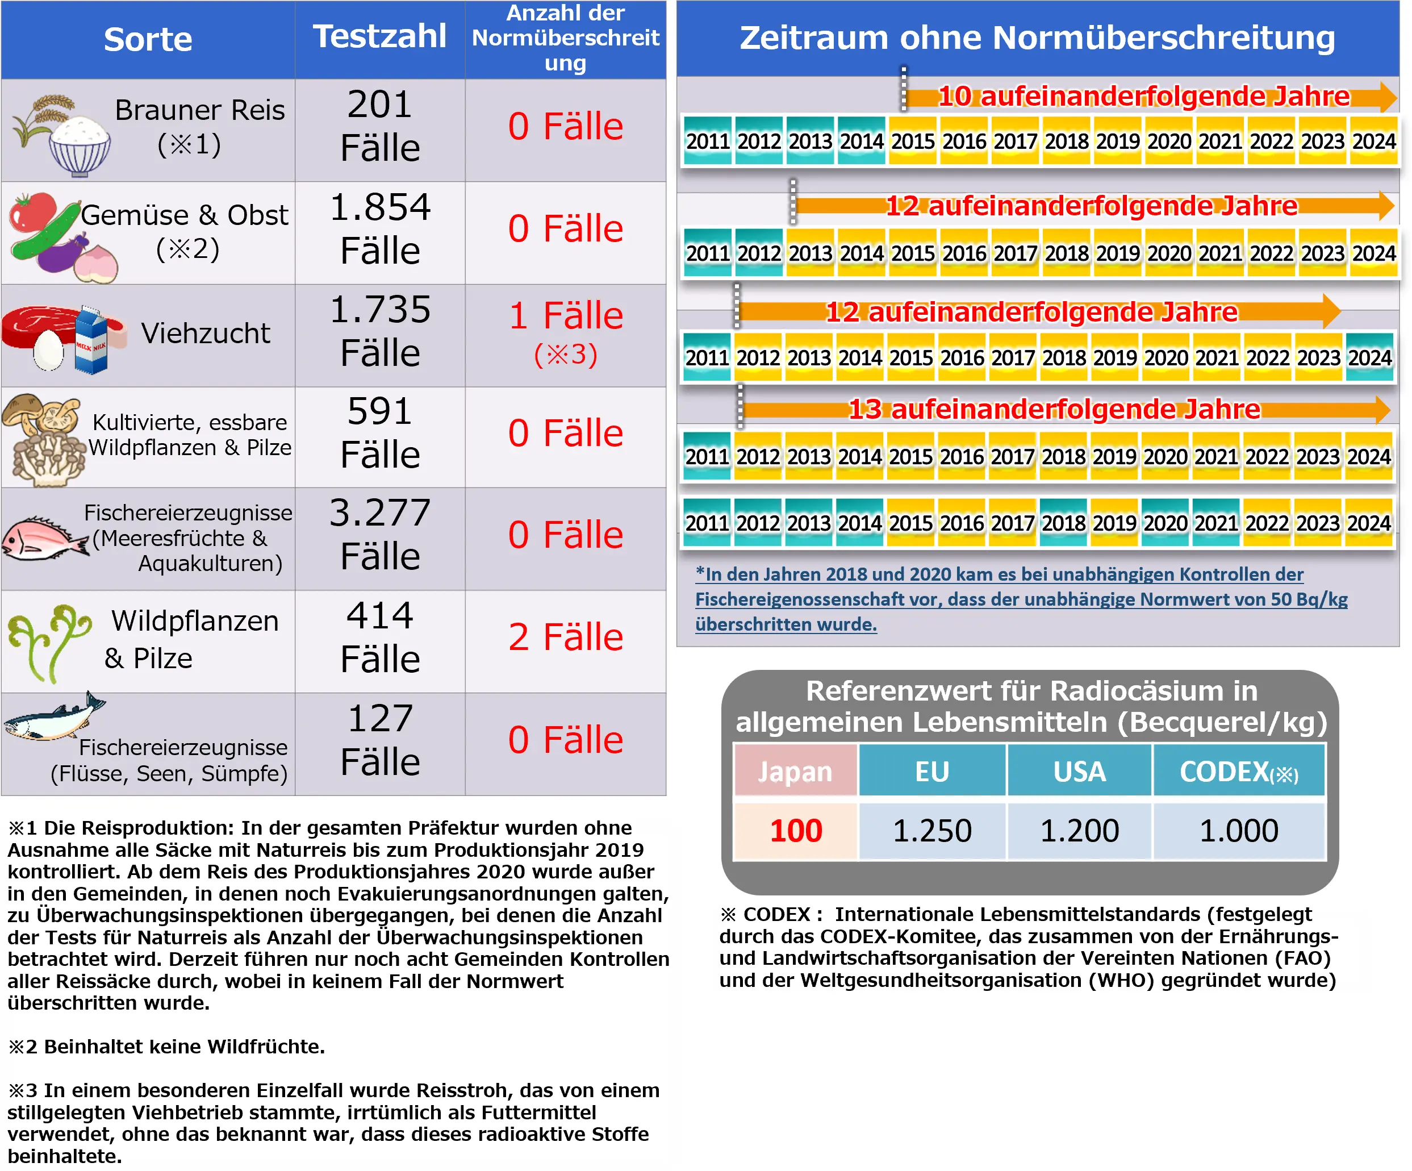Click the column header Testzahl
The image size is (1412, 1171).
380,36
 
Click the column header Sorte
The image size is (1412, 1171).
148,39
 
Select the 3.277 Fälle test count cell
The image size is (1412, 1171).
380,534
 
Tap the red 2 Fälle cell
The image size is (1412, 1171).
566,637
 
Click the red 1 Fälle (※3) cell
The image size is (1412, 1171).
566,334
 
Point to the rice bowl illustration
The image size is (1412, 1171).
80,147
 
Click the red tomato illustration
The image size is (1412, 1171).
32,213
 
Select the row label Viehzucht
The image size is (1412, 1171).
205,334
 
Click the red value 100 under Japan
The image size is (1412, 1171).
795,831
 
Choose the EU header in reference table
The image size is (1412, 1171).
932,772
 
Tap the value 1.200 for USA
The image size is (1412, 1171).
1079,831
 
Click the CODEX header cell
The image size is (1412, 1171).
1239,772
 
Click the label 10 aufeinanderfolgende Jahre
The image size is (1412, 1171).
1143,96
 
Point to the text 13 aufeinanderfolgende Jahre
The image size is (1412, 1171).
1054,409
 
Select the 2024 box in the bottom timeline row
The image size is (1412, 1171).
1368,523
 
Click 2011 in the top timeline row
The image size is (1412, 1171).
707,141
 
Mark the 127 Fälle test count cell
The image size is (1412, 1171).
380,740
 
